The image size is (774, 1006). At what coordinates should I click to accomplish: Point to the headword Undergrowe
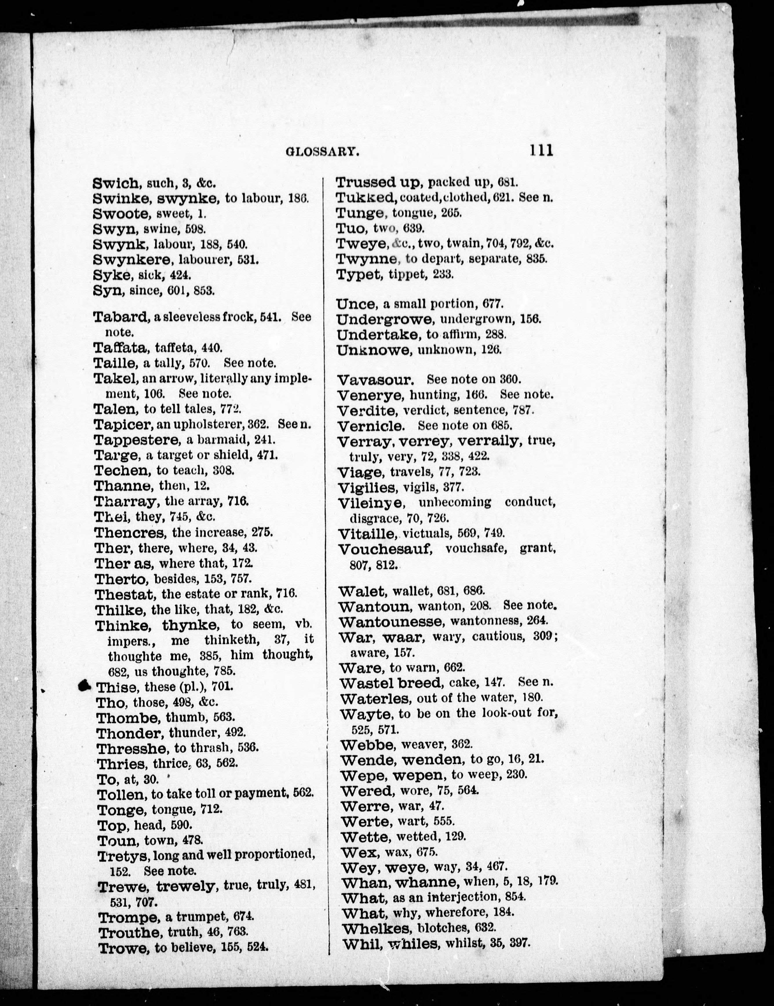385,319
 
